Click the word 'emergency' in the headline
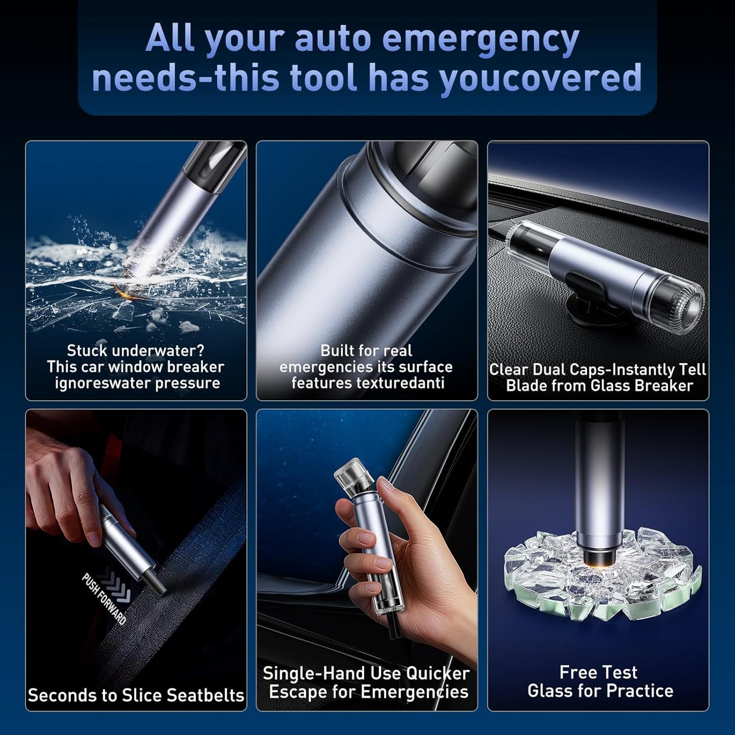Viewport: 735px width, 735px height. tap(481, 39)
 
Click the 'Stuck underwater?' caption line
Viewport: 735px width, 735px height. tap(136, 350)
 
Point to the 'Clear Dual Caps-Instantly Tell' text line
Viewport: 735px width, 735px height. tap(598, 369)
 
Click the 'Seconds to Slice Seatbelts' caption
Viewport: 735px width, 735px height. tap(136, 695)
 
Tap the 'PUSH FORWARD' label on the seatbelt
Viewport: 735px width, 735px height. tap(104, 598)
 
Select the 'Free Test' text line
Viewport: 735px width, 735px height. tap(598, 672)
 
